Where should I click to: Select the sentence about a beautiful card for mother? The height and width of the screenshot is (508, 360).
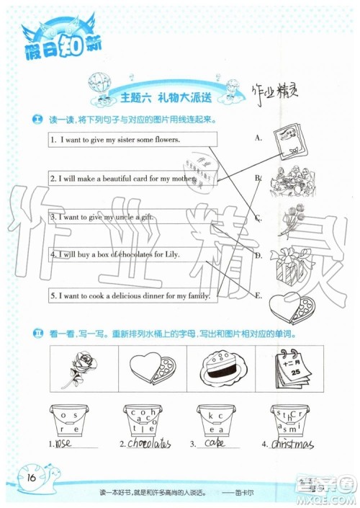point(122,177)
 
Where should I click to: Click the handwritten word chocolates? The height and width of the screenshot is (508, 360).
point(147,444)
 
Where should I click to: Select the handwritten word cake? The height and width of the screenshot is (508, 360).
point(215,445)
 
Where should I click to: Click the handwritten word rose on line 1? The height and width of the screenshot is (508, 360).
point(65,445)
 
